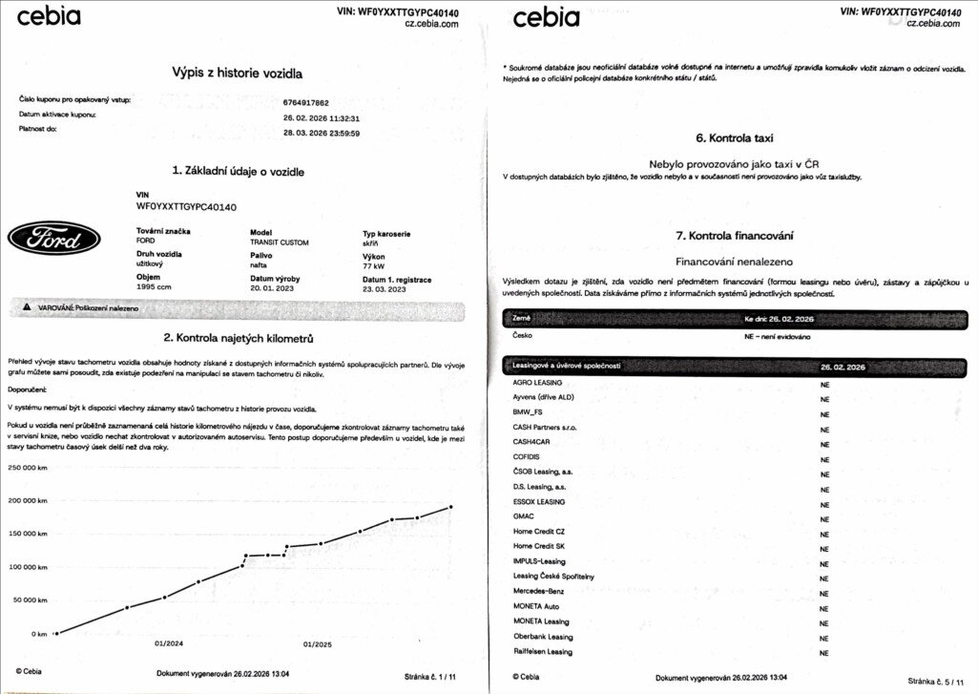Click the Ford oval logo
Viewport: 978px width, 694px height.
point(54,238)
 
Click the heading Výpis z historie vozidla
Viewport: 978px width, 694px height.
point(238,73)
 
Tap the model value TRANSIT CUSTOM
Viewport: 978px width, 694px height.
point(279,242)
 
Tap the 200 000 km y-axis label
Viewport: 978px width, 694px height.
point(28,501)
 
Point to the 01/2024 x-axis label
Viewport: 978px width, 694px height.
point(169,643)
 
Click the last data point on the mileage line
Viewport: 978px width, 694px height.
point(450,507)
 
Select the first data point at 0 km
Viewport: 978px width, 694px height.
point(56,633)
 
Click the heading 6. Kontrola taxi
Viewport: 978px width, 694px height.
point(733,137)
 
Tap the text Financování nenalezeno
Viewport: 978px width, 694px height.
point(734,260)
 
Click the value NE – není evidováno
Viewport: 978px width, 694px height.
point(777,337)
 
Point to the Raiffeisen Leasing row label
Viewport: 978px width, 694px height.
point(543,652)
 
